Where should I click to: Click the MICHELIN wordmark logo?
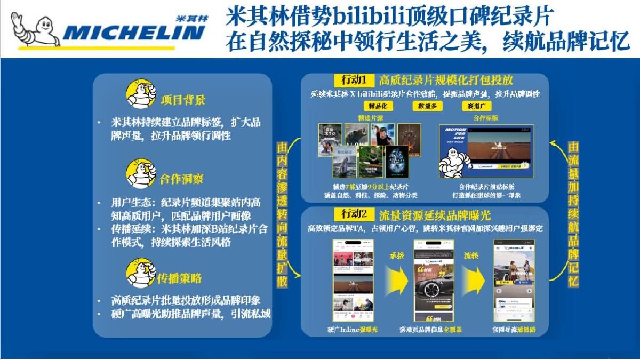coord(133,33)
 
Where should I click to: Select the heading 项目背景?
coord(182,100)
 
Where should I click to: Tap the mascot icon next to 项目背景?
coord(140,94)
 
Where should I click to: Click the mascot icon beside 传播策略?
coord(140,273)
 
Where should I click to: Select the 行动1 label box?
coord(355,80)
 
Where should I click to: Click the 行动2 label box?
coord(355,214)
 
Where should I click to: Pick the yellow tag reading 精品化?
coord(378,106)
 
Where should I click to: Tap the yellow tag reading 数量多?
coord(428,106)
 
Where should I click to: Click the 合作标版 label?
coord(485,118)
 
